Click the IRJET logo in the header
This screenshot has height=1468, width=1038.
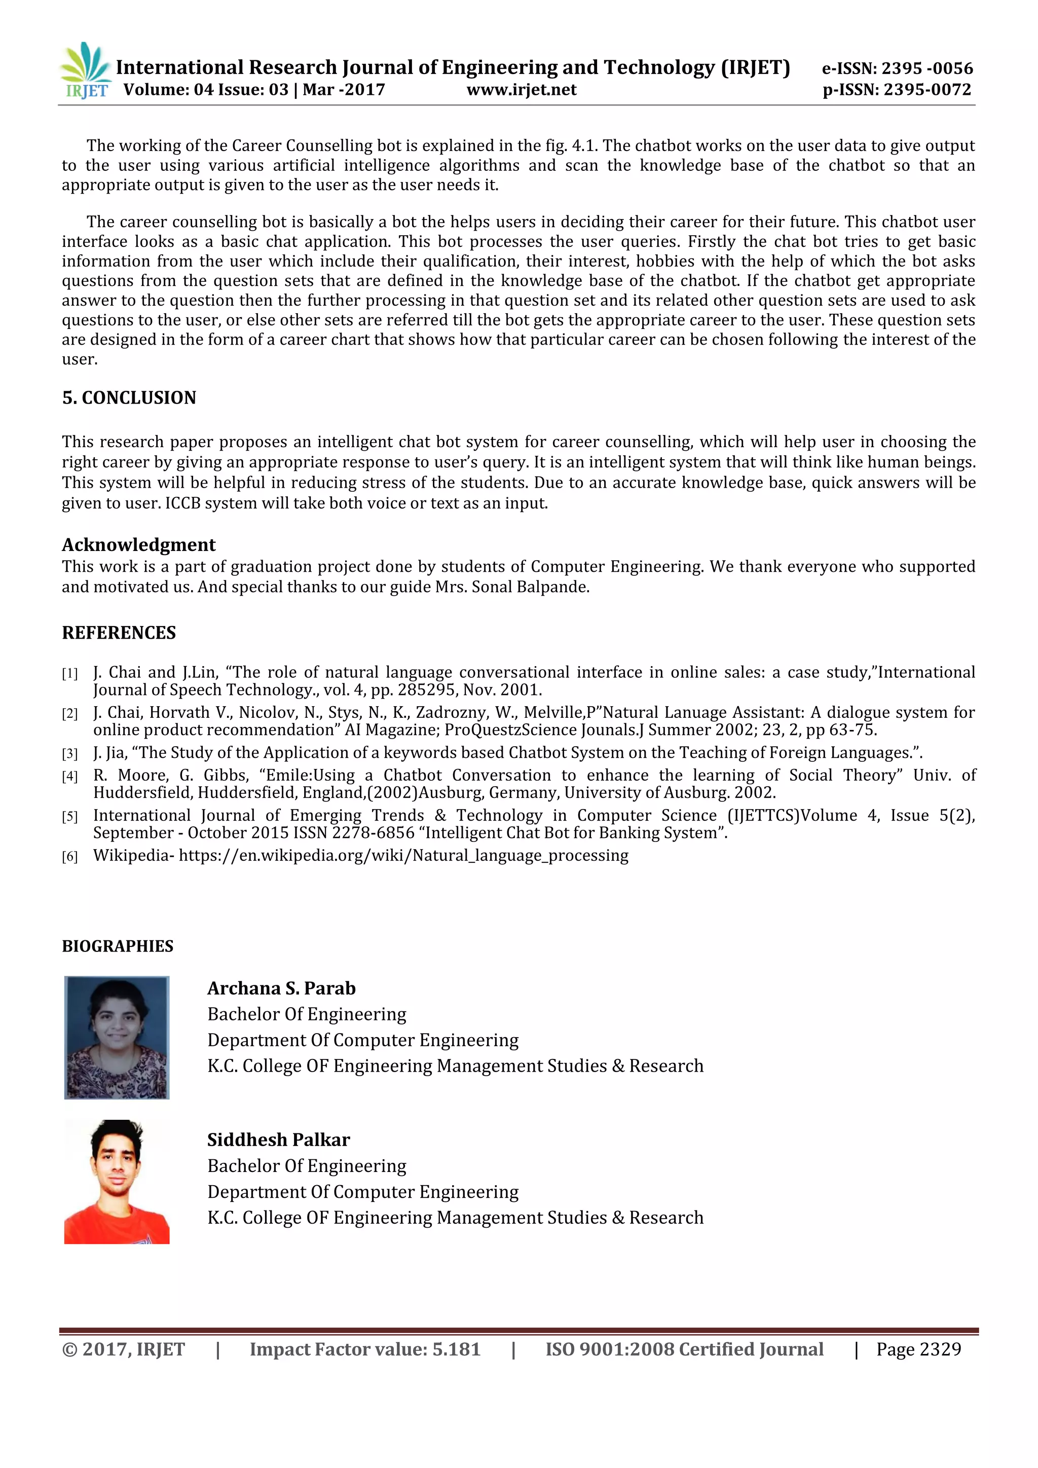point(86,71)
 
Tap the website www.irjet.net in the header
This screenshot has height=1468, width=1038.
point(521,90)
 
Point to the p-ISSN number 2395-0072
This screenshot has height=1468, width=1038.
point(927,90)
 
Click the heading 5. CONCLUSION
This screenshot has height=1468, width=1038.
point(129,398)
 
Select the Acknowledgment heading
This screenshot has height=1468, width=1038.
point(139,545)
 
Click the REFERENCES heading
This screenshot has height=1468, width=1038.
point(119,633)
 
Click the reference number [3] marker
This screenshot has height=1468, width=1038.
point(69,754)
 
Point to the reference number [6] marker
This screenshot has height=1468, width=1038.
point(69,857)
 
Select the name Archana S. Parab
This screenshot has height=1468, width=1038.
point(281,988)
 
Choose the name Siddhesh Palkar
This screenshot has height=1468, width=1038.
point(278,1140)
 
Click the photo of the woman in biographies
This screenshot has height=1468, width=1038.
point(117,1037)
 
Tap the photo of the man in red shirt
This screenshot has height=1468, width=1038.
point(117,1182)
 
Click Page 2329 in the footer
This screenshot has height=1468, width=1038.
point(918,1349)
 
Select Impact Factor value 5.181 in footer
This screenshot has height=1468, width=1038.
point(364,1349)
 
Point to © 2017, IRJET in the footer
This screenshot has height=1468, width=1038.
point(123,1349)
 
